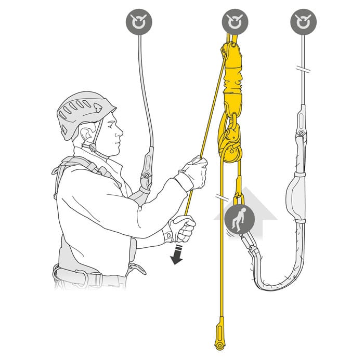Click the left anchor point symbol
pos(138,23)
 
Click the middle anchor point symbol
pos(232,23)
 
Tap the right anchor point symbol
pos(302,23)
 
